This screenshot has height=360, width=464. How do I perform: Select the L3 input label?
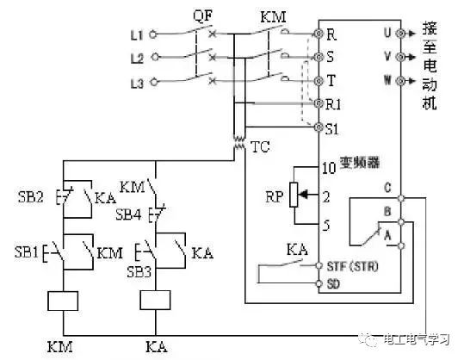[x=135, y=83]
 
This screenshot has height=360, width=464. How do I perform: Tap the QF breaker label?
[x=201, y=15]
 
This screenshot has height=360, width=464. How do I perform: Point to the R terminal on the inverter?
[x=331, y=34]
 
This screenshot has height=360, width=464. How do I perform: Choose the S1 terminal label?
[x=333, y=128]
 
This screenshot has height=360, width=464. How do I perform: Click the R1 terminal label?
[x=333, y=104]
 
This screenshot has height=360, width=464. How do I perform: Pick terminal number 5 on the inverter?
[x=327, y=227]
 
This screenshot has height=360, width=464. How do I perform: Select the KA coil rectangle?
[x=154, y=301]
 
